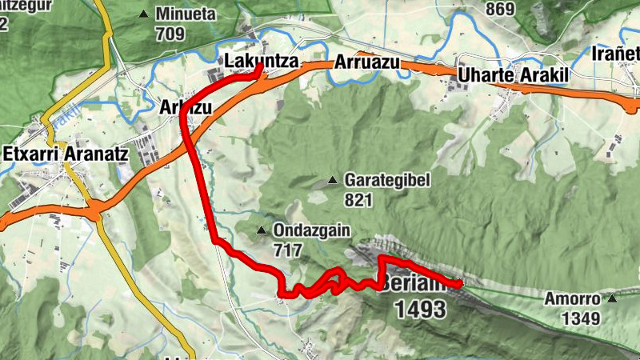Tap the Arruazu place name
click(x=367, y=62)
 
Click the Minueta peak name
click(x=186, y=14)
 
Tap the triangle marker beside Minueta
click(x=144, y=14)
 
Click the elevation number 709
click(x=171, y=34)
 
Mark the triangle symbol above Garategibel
click(x=333, y=179)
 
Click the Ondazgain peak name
click(x=312, y=231)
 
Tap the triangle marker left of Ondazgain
click(x=262, y=231)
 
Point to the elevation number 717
click(x=287, y=250)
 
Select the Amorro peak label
click(x=572, y=299)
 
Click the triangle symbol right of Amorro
click(x=612, y=299)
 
